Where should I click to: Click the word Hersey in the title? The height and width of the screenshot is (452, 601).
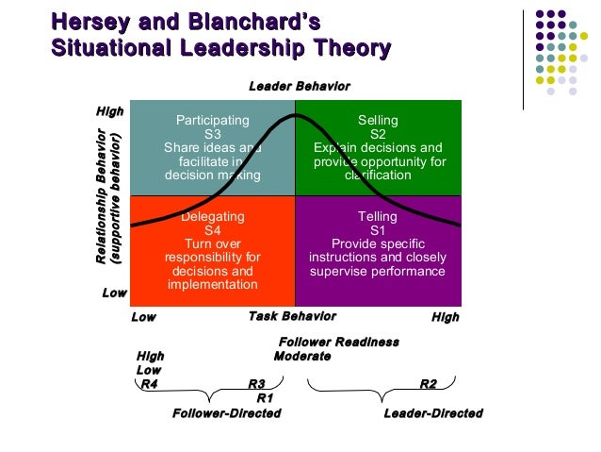coord(87,22)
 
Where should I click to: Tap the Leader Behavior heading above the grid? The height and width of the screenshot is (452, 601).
coord(299,87)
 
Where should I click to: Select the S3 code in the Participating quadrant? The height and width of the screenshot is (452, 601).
coord(213,134)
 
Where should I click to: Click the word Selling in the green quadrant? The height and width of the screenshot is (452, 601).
coord(378,121)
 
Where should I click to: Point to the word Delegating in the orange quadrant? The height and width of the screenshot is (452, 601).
coord(213,217)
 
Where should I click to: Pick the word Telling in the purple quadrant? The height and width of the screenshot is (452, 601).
coord(378,217)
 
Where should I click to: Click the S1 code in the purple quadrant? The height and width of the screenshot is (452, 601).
coord(378,230)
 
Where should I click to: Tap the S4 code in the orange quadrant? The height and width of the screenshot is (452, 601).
coord(213,230)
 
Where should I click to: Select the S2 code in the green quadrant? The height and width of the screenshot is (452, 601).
coord(378,134)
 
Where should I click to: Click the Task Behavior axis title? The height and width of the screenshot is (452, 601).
coord(291,317)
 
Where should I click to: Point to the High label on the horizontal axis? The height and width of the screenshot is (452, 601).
coord(445,317)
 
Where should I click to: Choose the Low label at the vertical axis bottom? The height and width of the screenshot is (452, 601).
coord(114,293)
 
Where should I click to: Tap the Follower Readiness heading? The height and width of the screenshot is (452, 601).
coord(339,342)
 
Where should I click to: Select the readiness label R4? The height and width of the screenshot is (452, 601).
coord(147,384)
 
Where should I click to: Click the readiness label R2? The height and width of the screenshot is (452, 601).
coord(428,384)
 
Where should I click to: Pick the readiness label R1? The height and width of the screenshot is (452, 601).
coord(265,397)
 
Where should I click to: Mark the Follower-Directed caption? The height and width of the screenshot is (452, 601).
coord(226,413)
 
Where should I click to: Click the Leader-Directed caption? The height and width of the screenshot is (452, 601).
coord(433,413)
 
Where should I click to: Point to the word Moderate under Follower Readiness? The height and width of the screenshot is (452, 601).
coord(301,356)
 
